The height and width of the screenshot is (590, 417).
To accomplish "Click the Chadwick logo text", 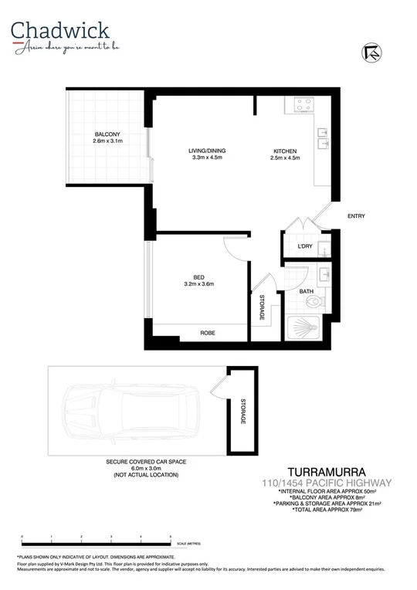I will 60,30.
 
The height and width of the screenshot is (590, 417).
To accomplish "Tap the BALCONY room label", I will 107,134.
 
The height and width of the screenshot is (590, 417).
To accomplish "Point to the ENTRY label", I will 356,215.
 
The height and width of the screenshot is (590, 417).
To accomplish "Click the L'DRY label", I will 305,246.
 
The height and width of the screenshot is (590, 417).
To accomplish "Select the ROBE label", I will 208,333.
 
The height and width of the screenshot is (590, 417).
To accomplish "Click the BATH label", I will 307,291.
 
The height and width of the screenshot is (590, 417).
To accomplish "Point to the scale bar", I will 97,543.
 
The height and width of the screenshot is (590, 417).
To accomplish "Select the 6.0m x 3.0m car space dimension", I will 146,468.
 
